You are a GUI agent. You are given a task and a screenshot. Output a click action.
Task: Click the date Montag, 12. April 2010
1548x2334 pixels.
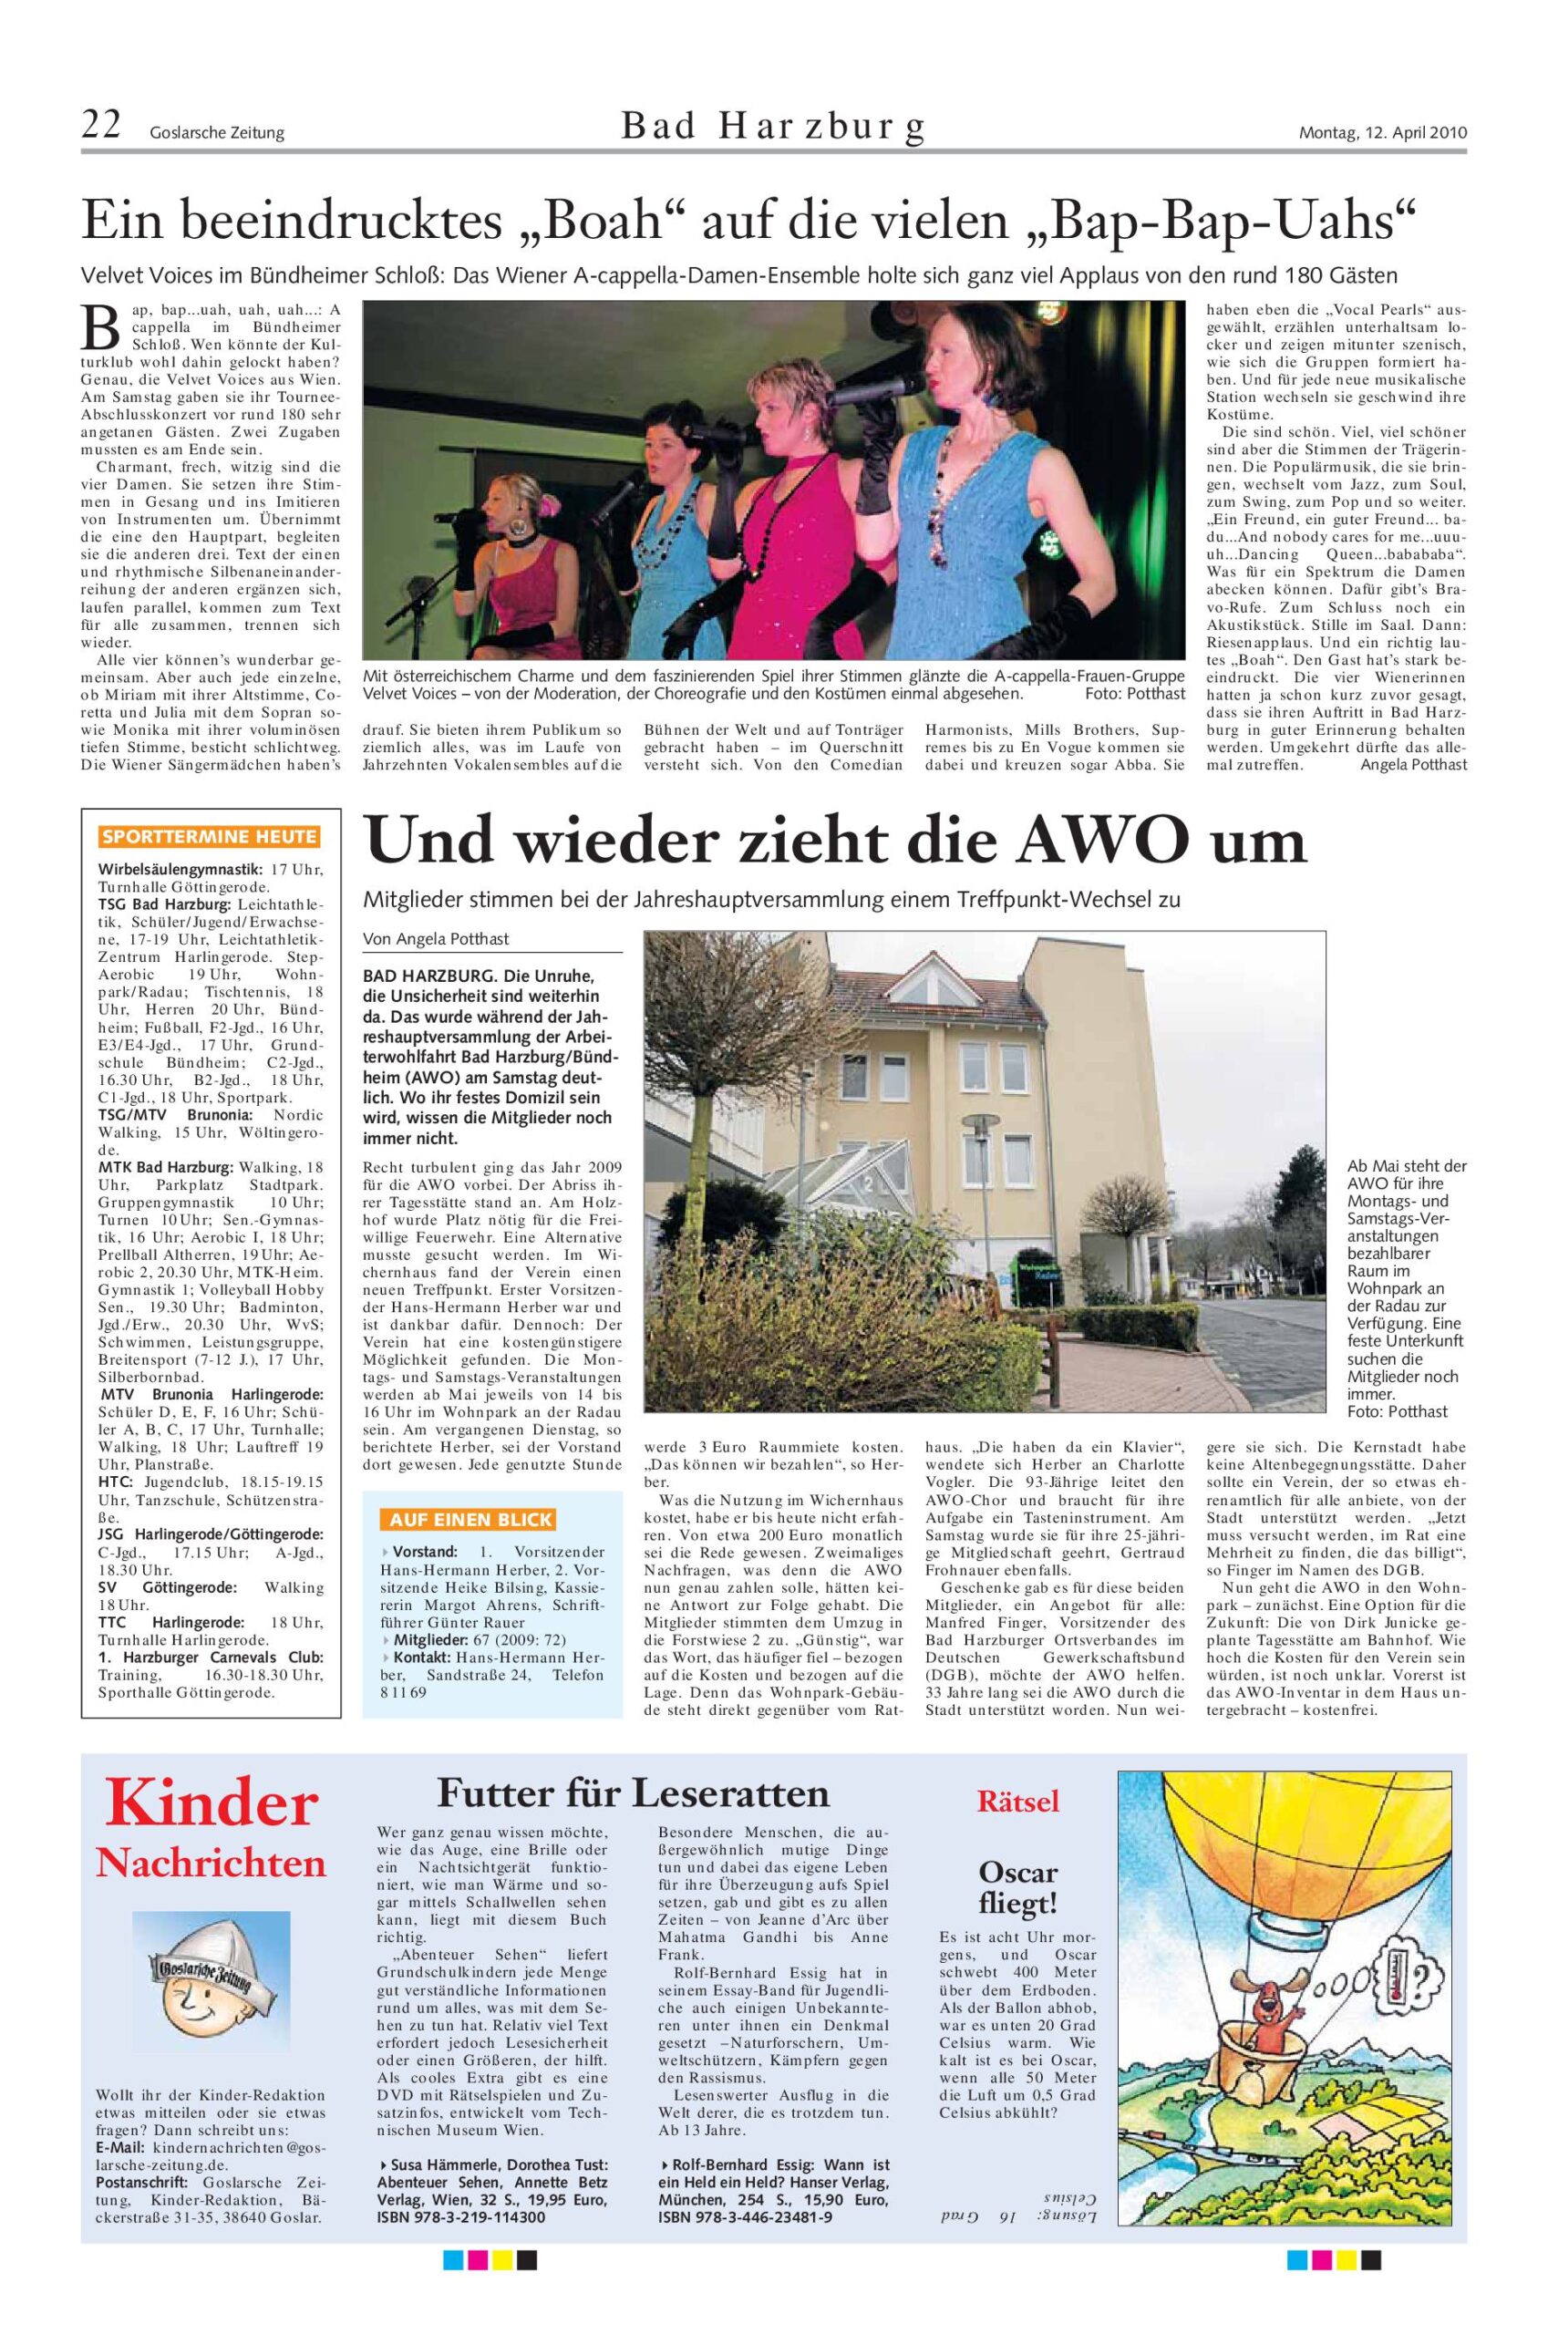coord(1382,132)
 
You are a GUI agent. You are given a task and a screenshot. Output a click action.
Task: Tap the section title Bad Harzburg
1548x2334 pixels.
coord(773,128)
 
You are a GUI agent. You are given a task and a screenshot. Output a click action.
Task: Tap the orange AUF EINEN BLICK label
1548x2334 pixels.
coord(472,1520)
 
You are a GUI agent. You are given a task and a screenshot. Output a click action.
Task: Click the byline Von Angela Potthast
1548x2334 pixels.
coord(437,939)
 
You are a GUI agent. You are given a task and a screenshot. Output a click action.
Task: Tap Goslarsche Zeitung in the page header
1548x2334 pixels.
coord(216,133)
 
